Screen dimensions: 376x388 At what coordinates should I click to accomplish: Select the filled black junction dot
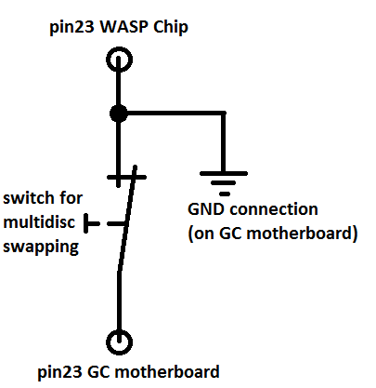[x=119, y=114]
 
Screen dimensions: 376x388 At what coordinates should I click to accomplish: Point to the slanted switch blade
[x=127, y=219]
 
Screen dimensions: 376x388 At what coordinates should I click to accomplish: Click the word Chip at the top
[x=171, y=28]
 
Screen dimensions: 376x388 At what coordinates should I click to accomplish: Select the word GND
[x=206, y=209]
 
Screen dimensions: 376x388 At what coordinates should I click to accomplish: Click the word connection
[x=274, y=209]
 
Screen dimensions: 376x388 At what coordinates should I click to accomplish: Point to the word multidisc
[x=39, y=222]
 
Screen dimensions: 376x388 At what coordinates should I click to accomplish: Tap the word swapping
[x=41, y=248]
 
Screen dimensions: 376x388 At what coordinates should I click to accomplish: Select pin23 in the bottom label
[x=59, y=372]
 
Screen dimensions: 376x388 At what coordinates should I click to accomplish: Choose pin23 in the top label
[x=71, y=28]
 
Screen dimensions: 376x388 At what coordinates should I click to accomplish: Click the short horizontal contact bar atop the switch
[x=126, y=178]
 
